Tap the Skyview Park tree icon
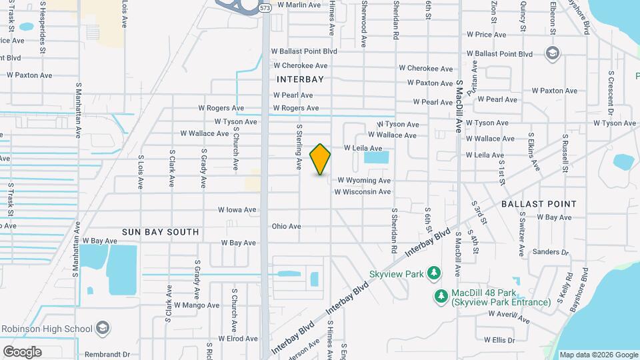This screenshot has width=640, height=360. (x=434, y=273)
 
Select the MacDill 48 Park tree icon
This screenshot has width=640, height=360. (x=440, y=295)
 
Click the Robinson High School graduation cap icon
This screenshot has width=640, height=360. (x=103, y=329)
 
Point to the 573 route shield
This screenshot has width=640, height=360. (x=265, y=8)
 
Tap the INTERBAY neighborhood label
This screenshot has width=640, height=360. (x=300, y=79)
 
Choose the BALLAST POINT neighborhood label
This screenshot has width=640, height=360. (x=539, y=203)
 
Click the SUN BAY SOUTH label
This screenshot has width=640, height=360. (x=160, y=232)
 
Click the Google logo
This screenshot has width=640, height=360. (x=22, y=351)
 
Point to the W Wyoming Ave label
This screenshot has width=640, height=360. (x=364, y=180)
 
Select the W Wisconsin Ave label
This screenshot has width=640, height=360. (x=362, y=192)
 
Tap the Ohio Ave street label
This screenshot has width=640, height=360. (x=287, y=227)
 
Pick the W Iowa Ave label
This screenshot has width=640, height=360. (x=237, y=209)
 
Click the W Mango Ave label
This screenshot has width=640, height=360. (x=196, y=305)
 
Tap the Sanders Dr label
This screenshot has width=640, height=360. (x=551, y=253)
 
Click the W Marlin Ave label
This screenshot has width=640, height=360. (x=299, y=5)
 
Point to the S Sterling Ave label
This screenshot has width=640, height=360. (x=300, y=147)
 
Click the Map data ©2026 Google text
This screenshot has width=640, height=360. (x=598, y=355)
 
